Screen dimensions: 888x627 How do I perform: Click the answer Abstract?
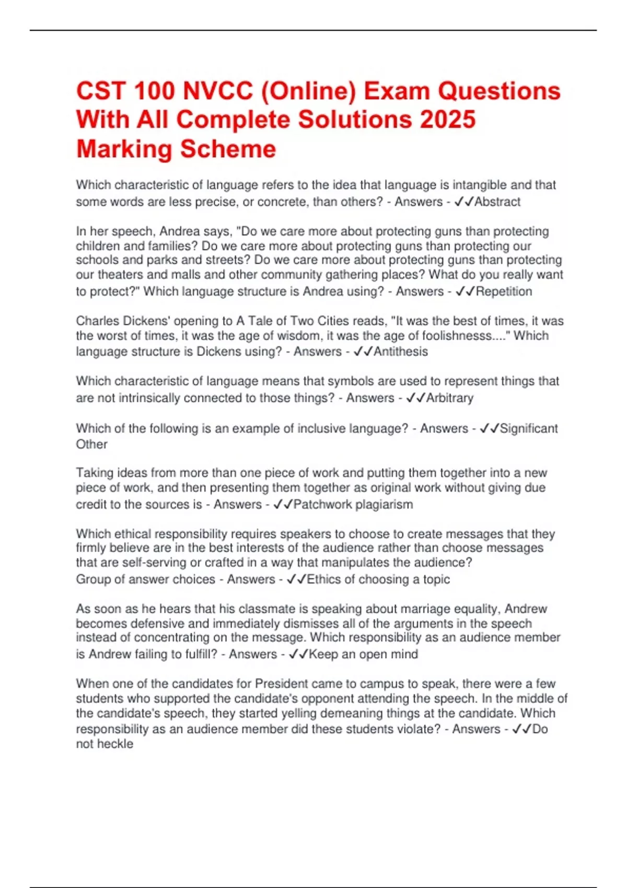click(497, 202)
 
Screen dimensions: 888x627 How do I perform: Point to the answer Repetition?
click(504, 291)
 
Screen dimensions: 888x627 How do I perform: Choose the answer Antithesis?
click(400, 352)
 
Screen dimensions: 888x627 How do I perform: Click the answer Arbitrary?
click(449, 398)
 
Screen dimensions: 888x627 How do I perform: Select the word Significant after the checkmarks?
click(528, 429)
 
